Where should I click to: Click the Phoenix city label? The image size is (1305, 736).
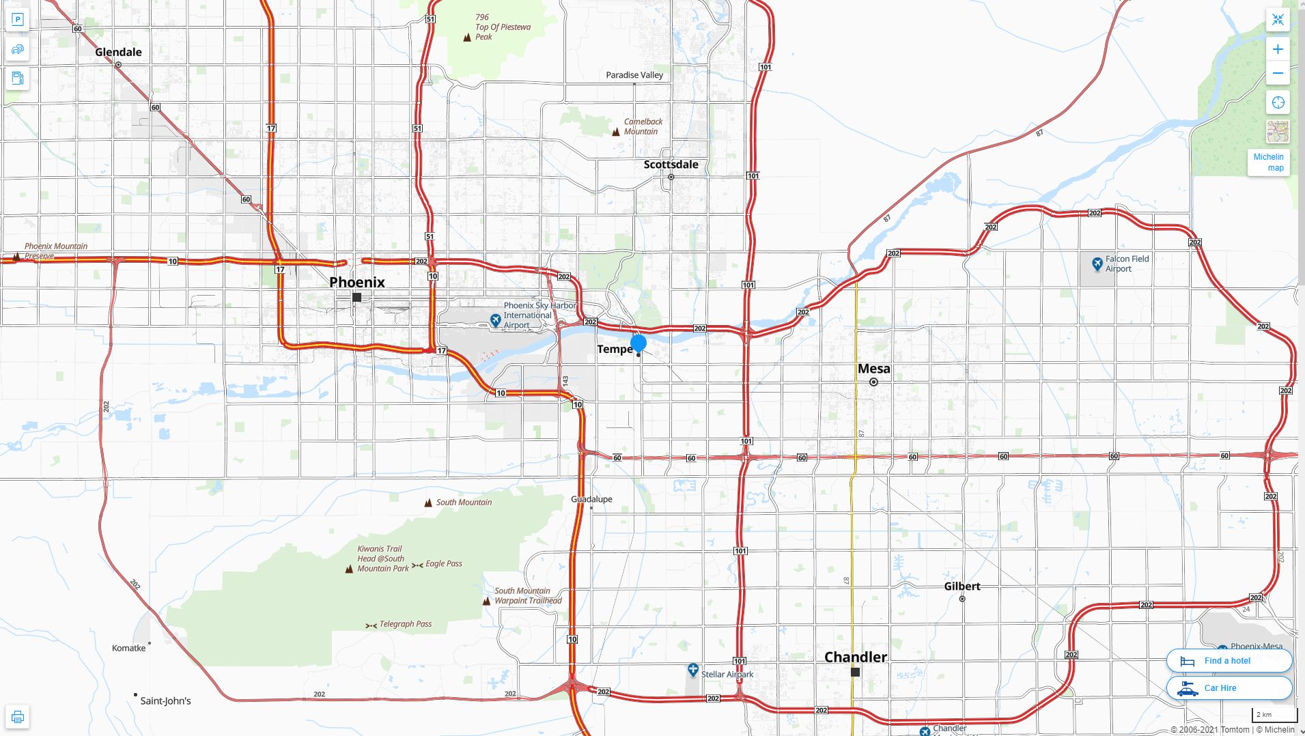pyautogui.click(x=356, y=282)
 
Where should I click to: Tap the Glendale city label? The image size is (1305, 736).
pyautogui.click(x=118, y=52)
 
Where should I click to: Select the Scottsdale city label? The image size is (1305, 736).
pyautogui.click(x=671, y=165)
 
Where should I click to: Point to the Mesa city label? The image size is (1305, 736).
pyautogui.click(x=873, y=369)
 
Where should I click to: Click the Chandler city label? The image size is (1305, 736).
pyautogui.click(x=855, y=657)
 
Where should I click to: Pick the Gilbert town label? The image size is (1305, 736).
pyautogui.click(x=962, y=586)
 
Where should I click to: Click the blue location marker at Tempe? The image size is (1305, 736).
pyautogui.click(x=639, y=343)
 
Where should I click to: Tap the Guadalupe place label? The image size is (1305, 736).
pyautogui.click(x=591, y=499)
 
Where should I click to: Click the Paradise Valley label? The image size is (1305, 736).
pyautogui.click(x=634, y=75)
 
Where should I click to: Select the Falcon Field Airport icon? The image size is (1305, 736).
pyautogui.click(x=1097, y=264)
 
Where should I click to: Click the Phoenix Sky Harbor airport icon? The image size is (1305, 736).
pyautogui.click(x=496, y=320)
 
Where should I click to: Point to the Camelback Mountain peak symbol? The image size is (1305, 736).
pyautogui.click(x=616, y=132)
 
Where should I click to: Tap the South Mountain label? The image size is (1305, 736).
pyautogui.click(x=464, y=503)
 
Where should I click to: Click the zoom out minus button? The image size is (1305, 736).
pyautogui.click(x=1278, y=74)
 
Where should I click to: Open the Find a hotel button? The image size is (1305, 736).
pyautogui.click(x=1229, y=660)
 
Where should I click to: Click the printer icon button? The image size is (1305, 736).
pyautogui.click(x=18, y=717)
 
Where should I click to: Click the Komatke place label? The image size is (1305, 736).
pyautogui.click(x=129, y=648)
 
